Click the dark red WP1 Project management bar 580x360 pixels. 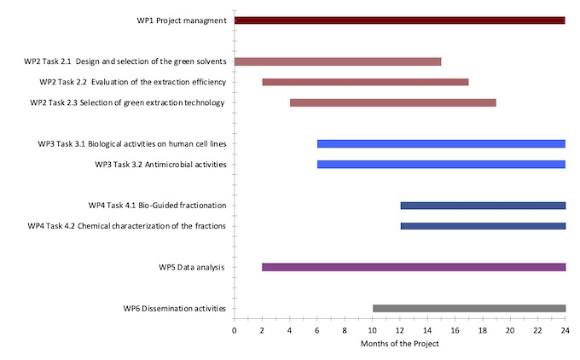(399, 20)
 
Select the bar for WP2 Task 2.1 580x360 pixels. (338, 61)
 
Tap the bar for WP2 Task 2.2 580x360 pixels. (365, 82)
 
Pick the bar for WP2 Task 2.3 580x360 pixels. (392, 102)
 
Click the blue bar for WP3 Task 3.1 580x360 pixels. (441, 143)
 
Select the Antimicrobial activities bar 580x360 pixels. (441, 164)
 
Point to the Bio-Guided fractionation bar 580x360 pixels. (483, 206)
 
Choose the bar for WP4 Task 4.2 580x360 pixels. (483, 226)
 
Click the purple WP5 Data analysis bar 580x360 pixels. (414, 267)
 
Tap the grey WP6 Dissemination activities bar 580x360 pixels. (469, 308)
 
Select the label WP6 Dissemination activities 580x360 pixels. (175, 309)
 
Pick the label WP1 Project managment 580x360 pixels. (182, 20)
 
